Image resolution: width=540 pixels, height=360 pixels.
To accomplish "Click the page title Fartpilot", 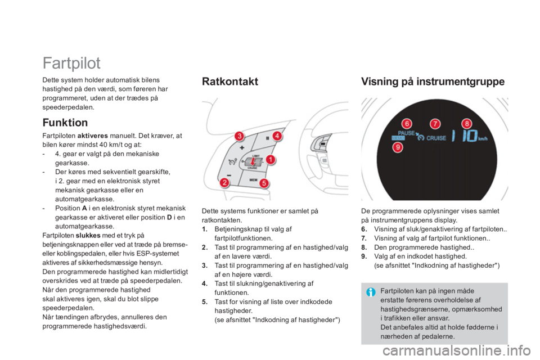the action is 71,63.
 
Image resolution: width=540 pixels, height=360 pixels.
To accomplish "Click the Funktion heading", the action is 65,123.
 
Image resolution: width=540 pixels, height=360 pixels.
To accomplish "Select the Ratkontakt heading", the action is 230,82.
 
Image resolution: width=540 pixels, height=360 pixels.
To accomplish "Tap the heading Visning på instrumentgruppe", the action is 433,82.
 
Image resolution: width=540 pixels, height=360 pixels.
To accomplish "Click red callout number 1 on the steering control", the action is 271,160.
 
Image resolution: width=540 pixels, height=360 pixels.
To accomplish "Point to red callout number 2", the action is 224,182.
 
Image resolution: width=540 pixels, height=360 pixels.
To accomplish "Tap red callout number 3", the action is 239,136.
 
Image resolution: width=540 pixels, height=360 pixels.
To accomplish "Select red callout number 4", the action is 277,136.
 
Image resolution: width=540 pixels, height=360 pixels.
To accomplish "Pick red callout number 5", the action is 264,183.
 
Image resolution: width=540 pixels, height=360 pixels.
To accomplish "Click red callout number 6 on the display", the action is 407,124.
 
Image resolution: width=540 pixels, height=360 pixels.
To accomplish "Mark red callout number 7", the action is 435,124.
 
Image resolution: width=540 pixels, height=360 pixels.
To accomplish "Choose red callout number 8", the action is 467,124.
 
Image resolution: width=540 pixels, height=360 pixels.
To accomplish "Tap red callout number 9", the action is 398,147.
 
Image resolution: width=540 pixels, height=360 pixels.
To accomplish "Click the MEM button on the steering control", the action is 254,180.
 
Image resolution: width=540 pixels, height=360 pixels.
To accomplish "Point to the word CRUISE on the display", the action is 436,138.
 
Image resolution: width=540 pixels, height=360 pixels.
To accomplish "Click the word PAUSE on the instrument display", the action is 406,133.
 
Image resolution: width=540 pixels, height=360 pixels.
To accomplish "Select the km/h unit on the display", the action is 483,139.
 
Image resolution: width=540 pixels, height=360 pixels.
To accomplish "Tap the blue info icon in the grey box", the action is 371,292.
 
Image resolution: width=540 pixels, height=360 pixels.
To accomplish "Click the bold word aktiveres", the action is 93,136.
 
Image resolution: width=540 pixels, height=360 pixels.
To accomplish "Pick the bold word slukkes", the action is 88,236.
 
